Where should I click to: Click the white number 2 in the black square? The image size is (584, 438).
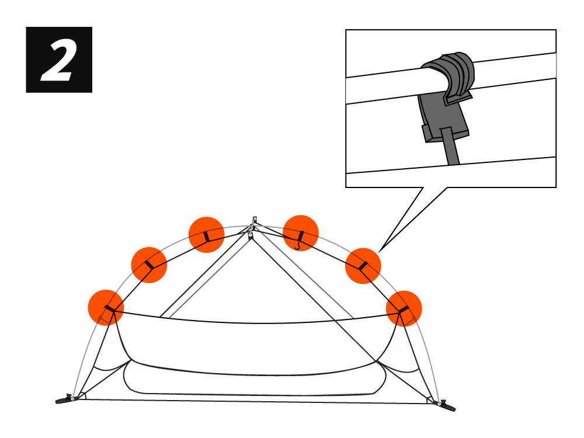tap(58, 60)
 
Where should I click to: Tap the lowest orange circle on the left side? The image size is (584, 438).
tap(106, 307)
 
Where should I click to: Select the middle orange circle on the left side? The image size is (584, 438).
tap(149, 265)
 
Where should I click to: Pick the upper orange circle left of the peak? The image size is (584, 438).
tap(206, 235)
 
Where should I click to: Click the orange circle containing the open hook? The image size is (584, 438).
tap(301, 234)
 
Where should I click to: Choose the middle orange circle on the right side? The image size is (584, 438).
tap(363, 266)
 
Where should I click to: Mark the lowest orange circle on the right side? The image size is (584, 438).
tap(404, 308)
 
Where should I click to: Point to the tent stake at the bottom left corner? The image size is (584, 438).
tap(64, 400)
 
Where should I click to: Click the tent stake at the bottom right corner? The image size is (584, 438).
tap(447, 405)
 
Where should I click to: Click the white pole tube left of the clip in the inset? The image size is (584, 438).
tap(385, 85)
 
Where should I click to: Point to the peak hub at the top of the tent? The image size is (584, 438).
tap(253, 222)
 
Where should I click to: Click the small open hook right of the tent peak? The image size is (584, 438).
tap(299, 244)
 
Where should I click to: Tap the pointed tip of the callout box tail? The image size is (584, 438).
tap(380, 252)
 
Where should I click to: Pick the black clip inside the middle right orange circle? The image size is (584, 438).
tap(363, 266)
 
